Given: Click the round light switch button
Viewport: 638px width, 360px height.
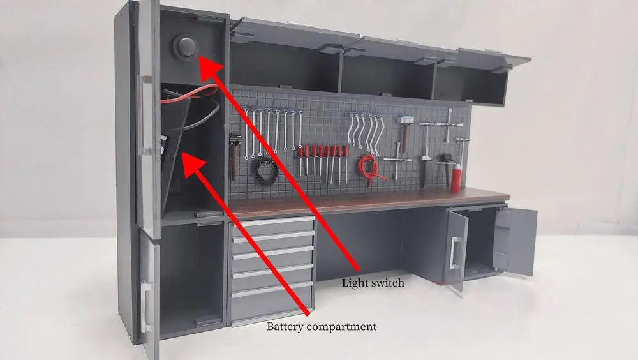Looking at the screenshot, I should tap(184, 47).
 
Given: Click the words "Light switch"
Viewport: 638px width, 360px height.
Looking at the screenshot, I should tap(373, 283).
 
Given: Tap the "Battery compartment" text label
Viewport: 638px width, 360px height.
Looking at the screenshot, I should tap(322, 327).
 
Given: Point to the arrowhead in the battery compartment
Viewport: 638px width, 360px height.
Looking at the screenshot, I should tap(189, 159).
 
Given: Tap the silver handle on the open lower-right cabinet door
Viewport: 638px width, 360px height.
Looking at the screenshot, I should tap(454, 252).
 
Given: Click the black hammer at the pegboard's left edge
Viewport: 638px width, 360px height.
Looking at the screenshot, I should tap(234, 153).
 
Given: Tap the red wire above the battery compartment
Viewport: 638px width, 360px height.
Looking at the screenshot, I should tap(191, 96).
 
